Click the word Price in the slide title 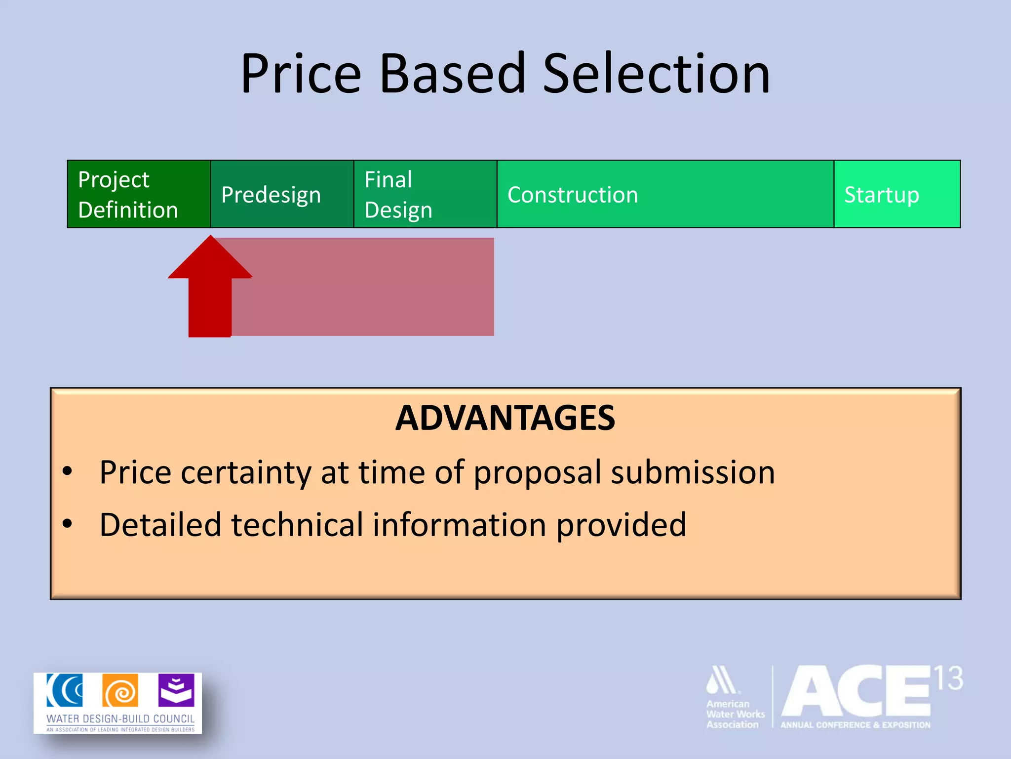click(x=301, y=74)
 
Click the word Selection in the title click(x=657, y=74)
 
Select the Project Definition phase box click(x=139, y=194)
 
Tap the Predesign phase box click(x=282, y=194)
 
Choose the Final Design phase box click(x=425, y=194)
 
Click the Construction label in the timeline click(x=573, y=195)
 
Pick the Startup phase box click(x=897, y=194)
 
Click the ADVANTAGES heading click(x=505, y=418)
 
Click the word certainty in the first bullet click(x=246, y=473)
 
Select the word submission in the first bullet click(x=693, y=473)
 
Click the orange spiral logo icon click(x=120, y=691)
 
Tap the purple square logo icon click(x=176, y=690)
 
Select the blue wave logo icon click(x=65, y=690)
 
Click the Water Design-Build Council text click(x=120, y=718)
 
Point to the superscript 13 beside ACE click(x=948, y=679)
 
